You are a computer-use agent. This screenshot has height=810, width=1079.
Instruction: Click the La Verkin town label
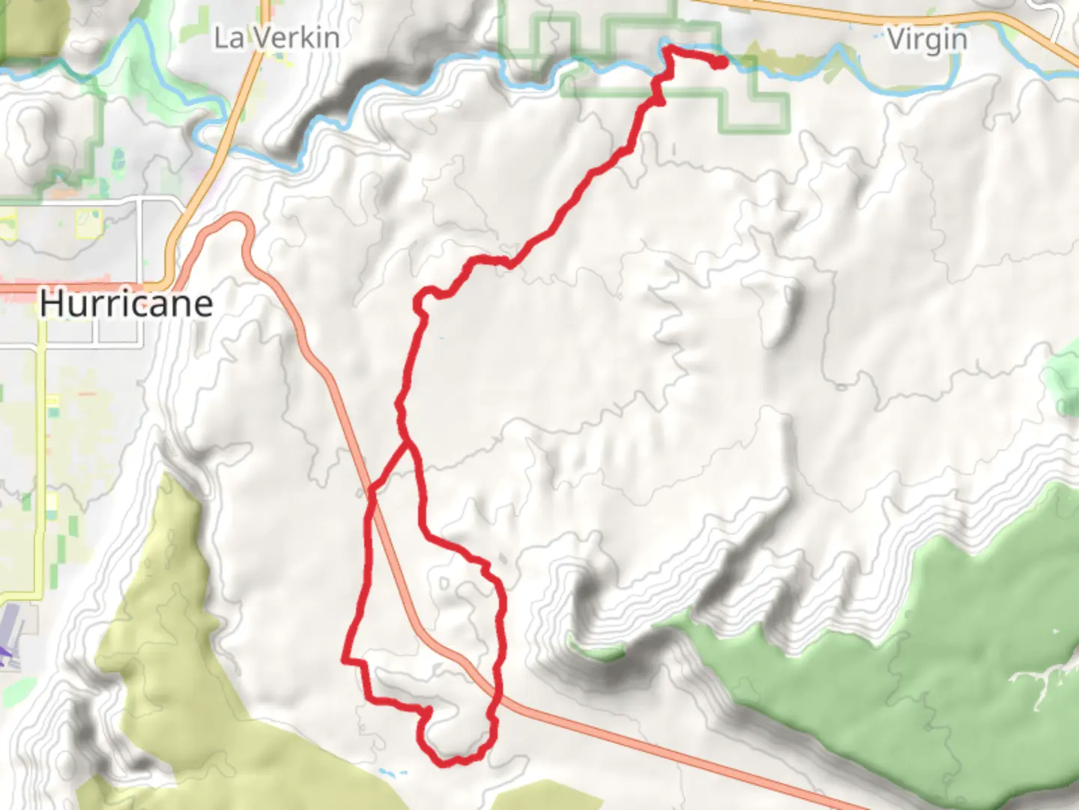coord(276,37)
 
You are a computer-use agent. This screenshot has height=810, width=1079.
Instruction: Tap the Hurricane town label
coord(126,304)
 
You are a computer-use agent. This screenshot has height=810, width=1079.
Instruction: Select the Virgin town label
coord(927,39)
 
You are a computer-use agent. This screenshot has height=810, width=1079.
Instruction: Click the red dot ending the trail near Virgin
coord(719,62)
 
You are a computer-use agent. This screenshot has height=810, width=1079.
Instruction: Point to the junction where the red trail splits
coord(408,444)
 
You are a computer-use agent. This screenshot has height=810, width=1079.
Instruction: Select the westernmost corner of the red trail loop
coord(345,660)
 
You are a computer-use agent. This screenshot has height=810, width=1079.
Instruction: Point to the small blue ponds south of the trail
coord(392,772)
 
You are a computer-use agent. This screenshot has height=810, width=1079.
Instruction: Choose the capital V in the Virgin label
coord(898,39)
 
